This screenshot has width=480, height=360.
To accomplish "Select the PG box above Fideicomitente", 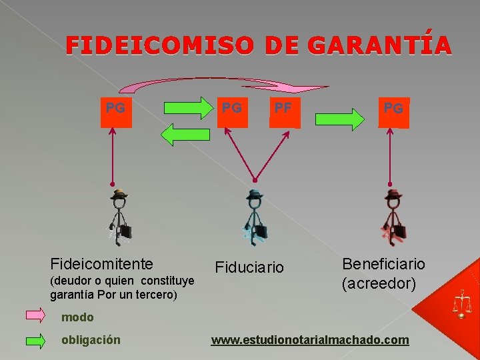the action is pyautogui.click(x=116, y=113).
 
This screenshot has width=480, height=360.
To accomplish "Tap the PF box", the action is pyautogui.click(x=285, y=113).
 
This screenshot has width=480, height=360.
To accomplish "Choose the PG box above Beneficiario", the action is pyautogui.click(x=393, y=113).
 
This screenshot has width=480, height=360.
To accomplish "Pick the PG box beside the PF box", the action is pyautogui.click(x=232, y=113).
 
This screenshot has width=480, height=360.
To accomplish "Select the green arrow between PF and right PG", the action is pyautogui.click(x=340, y=119).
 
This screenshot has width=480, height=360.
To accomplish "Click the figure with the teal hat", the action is pyautogui.click(x=255, y=217).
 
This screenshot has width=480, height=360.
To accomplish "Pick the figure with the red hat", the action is pyautogui.click(x=393, y=217).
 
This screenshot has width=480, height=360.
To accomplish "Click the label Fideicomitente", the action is pyautogui.click(x=102, y=264).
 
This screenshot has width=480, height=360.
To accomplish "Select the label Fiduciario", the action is pyautogui.click(x=249, y=267).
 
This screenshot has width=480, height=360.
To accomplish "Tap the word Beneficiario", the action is pyautogui.click(x=383, y=264).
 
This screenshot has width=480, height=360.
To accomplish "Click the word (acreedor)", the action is pyautogui.click(x=379, y=284).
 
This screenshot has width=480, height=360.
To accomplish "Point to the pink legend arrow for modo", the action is pyautogui.click(x=35, y=315).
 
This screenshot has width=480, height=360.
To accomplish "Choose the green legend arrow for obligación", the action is pyautogui.click(x=35, y=340).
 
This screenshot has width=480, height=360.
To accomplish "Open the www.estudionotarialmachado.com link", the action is pyautogui.click(x=310, y=340).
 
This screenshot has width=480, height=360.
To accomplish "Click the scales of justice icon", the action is pyautogui.click(x=461, y=303).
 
